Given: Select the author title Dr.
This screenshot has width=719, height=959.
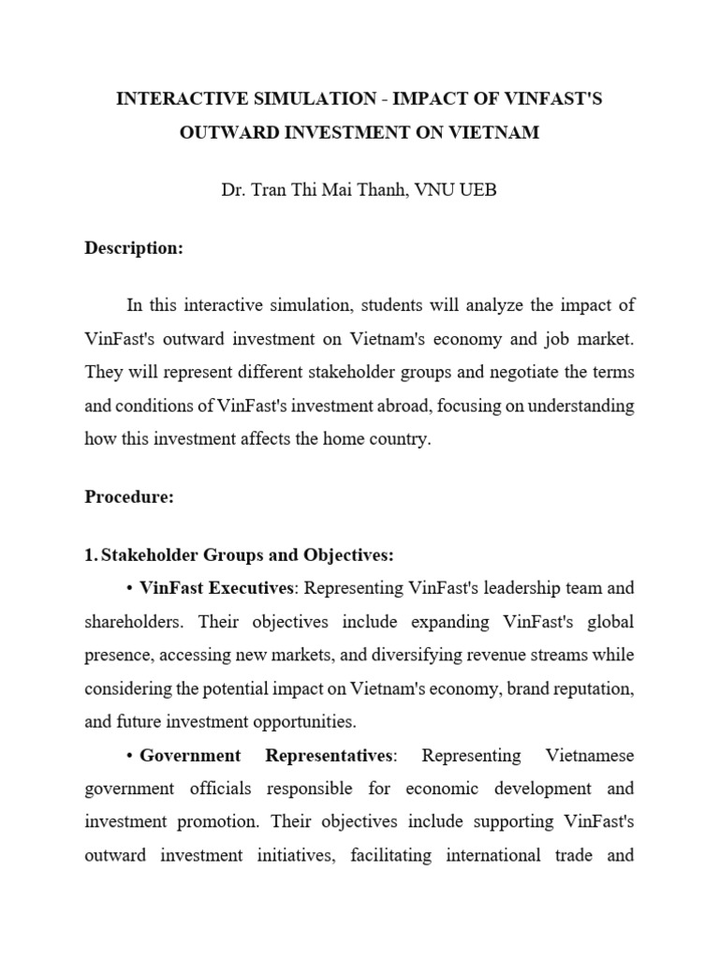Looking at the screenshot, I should pyautogui.click(x=233, y=190).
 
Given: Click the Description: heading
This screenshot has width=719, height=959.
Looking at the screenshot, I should pyautogui.click(x=134, y=248).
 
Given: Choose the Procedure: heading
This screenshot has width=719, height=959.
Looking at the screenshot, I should pyautogui.click(x=129, y=497).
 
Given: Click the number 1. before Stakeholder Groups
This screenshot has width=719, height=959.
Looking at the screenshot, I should pyautogui.click(x=91, y=555).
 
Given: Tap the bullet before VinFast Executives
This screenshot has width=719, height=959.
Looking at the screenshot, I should pyautogui.click(x=130, y=589).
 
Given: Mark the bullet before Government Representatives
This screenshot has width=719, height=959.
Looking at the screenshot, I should pyautogui.click(x=130, y=755).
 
